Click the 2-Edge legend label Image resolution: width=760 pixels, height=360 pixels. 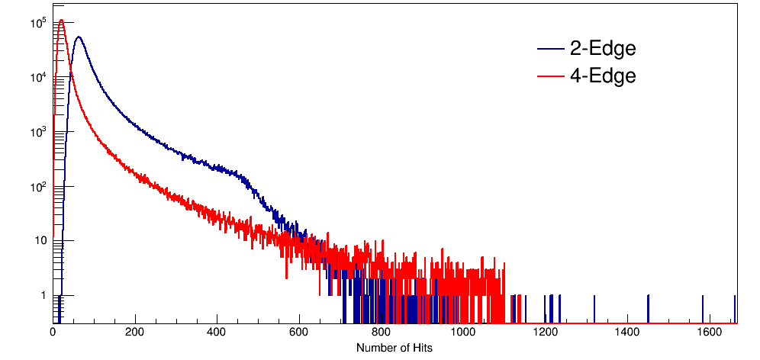click(x=602, y=49)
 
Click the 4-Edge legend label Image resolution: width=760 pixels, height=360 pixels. click(x=602, y=76)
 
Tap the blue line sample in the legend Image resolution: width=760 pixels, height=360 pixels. click(x=550, y=50)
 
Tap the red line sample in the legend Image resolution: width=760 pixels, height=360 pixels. click(x=550, y=76)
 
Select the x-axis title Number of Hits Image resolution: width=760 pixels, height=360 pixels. click(x=394, y=348)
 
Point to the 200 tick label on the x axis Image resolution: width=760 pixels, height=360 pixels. click(x=135, y=333)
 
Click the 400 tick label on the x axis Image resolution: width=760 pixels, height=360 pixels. click(x=217, y=333)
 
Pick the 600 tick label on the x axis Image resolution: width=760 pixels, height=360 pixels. click(x=299, y=333)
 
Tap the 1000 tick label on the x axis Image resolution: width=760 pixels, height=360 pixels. click(x=463, y=333)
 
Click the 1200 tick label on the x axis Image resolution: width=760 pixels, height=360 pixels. click(x=545, y=333)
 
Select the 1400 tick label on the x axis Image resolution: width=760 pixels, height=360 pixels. click(x=627, y=333)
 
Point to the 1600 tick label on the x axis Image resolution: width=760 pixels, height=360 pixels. click(x=709, y=333)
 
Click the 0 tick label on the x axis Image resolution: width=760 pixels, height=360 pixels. click(x=53, y=333)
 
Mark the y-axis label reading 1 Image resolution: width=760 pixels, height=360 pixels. click(x=43, y=295)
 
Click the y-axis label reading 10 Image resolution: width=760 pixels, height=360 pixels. click(x=40, y=241)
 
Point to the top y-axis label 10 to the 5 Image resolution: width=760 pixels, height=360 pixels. click(x=38, y=23)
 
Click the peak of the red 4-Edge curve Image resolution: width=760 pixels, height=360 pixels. click(x=61, y=21)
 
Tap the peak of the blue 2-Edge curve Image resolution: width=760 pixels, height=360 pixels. click(x=78, y=37)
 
